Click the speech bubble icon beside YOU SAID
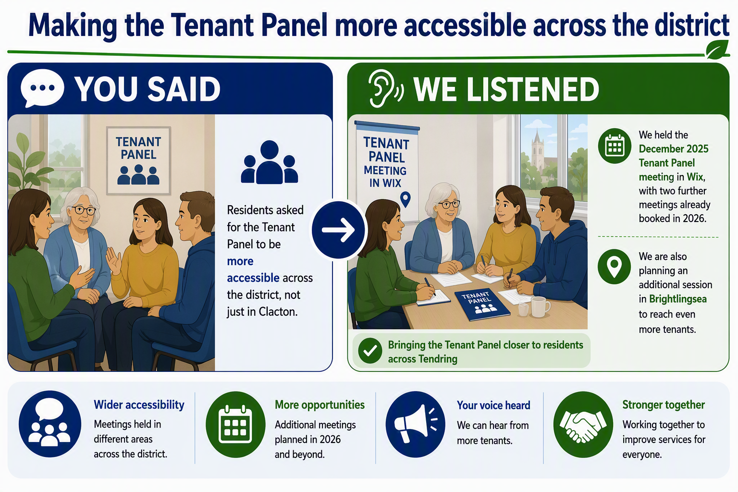tap(42, 87)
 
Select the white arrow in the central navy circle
tap(338, 230)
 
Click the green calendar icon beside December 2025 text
tap(615, 146)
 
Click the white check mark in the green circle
tap(370, 351)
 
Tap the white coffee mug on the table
tap(540, 306)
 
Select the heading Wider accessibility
tap(139, 405)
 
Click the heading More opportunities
tap(320, 405)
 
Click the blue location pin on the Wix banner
tap(405, 199)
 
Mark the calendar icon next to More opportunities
tap(235, 424)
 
